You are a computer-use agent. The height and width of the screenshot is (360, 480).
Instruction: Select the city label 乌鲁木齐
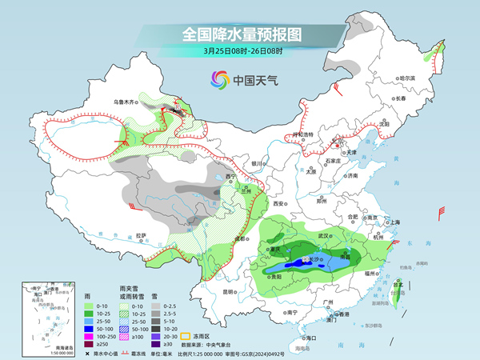pos(125,102)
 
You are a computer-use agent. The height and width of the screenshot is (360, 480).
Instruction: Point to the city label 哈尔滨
pos(408,78)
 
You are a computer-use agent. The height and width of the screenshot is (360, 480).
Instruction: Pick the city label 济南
pos(351,175)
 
